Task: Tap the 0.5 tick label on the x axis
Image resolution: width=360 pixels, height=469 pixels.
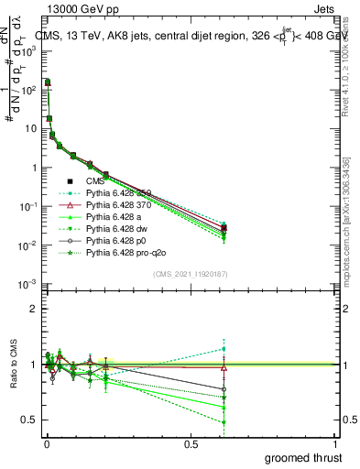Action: tap(191, 444)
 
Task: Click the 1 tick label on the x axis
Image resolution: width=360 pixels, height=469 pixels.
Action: tap(335, 444)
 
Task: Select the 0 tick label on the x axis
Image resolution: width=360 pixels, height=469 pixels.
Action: tap(46, 444)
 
